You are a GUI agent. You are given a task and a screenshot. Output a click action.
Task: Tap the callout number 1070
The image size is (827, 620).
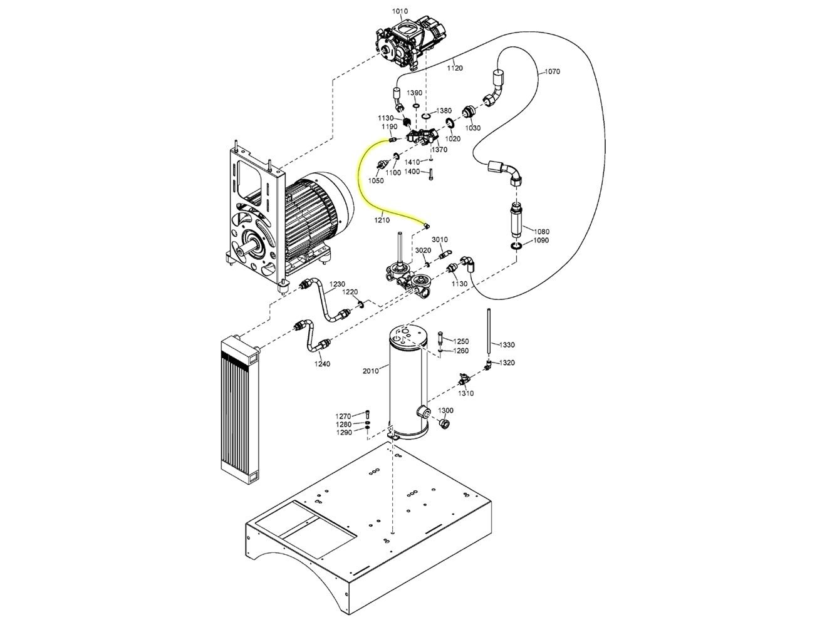coord(552,71)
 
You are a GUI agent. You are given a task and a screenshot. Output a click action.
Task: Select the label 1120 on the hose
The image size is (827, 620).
coord(455,68)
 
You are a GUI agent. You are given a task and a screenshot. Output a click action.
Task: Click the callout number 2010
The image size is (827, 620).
coord(371,371)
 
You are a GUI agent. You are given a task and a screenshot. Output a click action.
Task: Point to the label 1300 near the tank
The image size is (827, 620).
coord(445,410)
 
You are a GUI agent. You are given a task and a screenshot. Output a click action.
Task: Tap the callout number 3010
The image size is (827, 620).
coord(440,239)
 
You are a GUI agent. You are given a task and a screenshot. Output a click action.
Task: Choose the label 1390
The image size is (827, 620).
coord(415,93)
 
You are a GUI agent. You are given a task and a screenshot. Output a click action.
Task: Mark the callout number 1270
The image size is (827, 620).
coord(343,416)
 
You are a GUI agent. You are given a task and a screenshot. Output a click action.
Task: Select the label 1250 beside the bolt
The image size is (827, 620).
coord(461,341)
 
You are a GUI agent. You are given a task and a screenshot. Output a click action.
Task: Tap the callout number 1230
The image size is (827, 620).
coord(337,284)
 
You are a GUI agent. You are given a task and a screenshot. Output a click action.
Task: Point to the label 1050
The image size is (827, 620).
coord(376,180)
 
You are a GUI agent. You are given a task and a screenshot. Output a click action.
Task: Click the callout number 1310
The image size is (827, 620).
coord(466,393)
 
